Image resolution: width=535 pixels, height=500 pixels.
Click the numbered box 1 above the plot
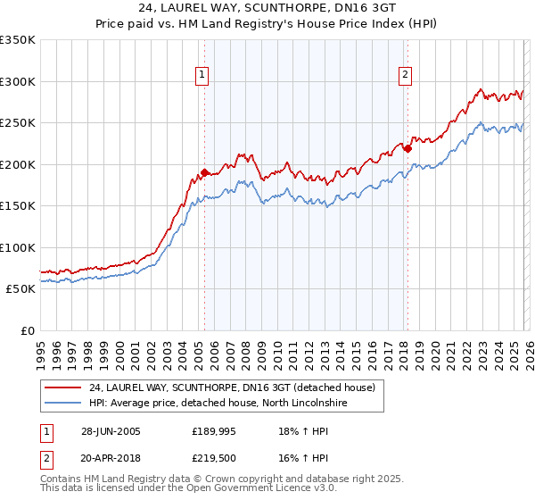pyautogui.click(x=204, y=76)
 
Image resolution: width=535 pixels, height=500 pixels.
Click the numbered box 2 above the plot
pyautogui.click(x=406, y=76)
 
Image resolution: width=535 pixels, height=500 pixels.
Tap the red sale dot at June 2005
pyautogui.click(x=205, y=171)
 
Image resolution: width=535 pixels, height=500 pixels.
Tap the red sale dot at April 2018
pyautogui.click(x=407, y=149)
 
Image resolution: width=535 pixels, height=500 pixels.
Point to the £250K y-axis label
pyautogui.click(x=18, y=123)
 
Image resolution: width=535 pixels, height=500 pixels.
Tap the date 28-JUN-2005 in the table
pyautogui.click(x=111, y=431)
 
